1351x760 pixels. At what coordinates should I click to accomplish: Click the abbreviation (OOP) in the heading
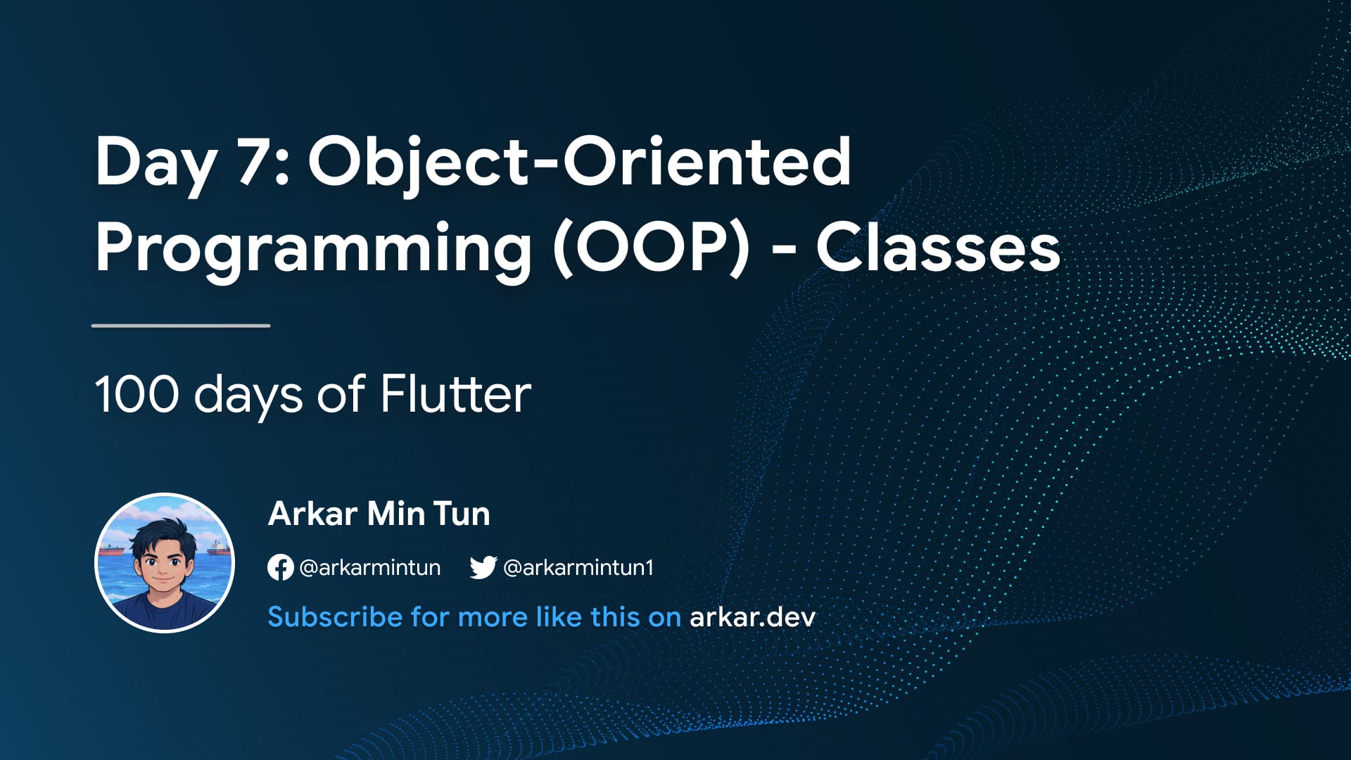click(x=652, y=247)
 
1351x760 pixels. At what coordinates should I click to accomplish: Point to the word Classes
click(x=938, y=247)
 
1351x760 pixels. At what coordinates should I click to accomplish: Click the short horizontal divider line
click(x=181, y=326)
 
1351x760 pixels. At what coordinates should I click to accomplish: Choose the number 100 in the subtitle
click(x=137, y=394)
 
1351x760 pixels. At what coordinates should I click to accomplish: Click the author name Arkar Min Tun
click(x=379, y=514)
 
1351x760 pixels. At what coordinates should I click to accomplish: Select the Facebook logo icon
click(x=280, y=567)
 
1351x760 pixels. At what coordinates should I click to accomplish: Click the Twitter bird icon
click(x=483, y=567)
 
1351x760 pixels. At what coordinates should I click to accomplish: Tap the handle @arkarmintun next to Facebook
click(x=370, y=567)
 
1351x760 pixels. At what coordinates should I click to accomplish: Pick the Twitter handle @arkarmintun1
click(x=578, y=567)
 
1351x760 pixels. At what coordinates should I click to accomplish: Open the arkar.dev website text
click(x=752, y=617)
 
